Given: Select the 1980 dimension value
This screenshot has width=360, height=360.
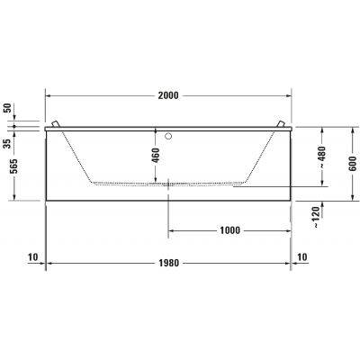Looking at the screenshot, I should click(169, 263).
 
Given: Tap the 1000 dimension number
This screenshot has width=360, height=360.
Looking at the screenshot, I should click(229, 229).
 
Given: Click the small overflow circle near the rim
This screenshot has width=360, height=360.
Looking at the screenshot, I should click(169, 138).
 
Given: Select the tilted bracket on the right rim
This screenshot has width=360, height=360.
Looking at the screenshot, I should click(281, 125).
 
